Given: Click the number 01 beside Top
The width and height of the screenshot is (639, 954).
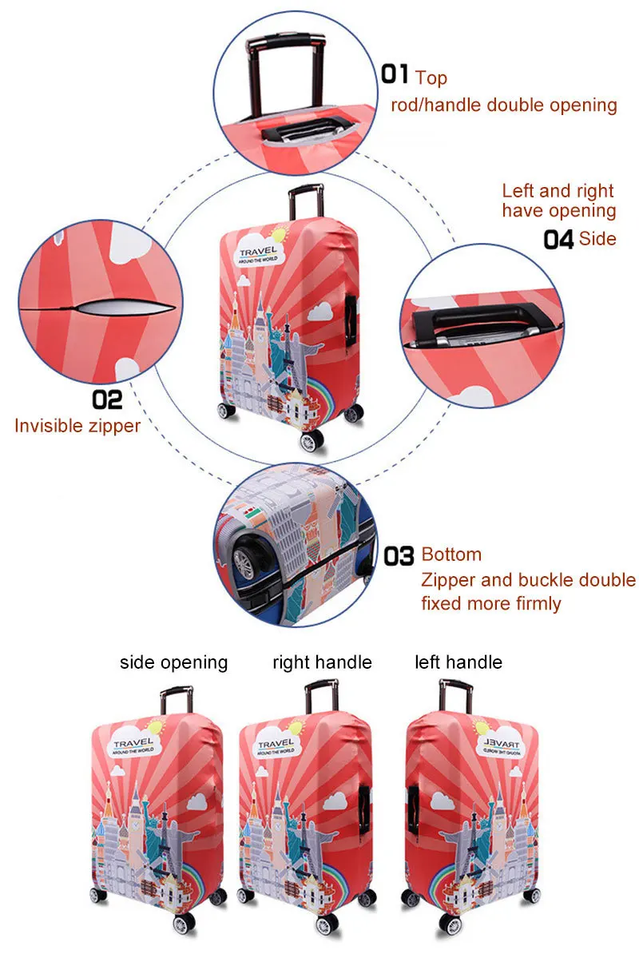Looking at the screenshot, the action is point(395,74).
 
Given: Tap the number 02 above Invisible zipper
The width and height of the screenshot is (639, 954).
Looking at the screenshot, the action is point(107,399).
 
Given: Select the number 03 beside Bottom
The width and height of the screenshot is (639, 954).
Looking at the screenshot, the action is point(399,555).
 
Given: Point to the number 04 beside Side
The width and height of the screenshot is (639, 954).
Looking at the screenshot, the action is point(558,239).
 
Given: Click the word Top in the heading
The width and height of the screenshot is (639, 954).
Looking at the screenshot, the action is point(431,78).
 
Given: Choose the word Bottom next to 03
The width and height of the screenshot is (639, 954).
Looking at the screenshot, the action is point(451,555).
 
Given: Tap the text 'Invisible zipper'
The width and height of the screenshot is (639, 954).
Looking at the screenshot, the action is point(77,426).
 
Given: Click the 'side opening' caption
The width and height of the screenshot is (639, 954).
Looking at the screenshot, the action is point(174,662).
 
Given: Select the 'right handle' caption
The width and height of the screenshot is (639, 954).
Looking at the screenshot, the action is point(322,662).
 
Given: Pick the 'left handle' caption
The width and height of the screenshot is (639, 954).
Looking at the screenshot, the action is point(458,662).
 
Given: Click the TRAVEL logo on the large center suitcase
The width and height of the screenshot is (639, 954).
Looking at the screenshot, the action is point(259,254).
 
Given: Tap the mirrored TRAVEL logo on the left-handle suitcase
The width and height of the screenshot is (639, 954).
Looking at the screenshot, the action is point(502,746).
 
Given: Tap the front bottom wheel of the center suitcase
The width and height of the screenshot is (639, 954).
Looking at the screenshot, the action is point(312,441).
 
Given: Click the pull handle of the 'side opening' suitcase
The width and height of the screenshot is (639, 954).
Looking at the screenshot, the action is point(177,700).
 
